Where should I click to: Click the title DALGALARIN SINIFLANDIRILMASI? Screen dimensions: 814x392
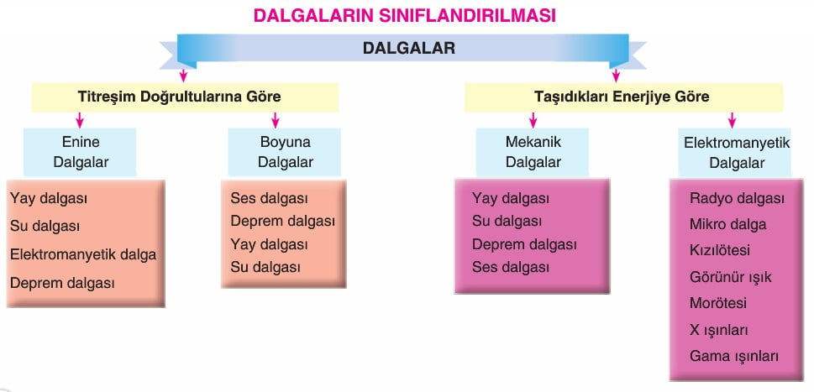[x=404, y=15]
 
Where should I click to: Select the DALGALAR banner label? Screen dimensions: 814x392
[x=408, y=48]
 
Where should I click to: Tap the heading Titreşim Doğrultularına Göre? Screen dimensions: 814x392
[x=179, y=97]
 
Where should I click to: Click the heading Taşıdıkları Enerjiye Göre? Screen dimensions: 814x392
[x=622, y=97]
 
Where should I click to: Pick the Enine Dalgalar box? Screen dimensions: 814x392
[x=80, y=152]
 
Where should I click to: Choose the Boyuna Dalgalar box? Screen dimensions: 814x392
[x=285, y=152]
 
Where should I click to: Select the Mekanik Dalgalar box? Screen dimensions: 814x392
[x=533, y=152]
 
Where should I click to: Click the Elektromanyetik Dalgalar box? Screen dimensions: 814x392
[x=735, y=152]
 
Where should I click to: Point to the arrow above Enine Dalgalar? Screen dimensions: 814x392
[x=80, y=120]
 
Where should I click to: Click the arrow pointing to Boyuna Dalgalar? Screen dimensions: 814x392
[x=276, y=120]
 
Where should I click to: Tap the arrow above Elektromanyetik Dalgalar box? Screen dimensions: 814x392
[x=732, y=120]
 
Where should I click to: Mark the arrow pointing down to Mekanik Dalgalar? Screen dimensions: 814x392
[x=533, y=120]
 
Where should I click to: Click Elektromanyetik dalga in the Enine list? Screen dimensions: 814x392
[x=83, y=254]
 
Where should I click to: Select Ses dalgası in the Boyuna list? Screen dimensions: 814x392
[x=270, y=199]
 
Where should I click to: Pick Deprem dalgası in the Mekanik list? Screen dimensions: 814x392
[x=524, y=244]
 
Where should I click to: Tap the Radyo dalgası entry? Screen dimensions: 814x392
[x=738, y=199]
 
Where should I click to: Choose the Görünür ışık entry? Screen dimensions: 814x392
[x=731, y=277]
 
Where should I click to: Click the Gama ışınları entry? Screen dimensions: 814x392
[x=734, y=357]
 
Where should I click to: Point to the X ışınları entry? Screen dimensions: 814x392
[x=719, y=330]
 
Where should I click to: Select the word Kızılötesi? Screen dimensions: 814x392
[x=720, y=250]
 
